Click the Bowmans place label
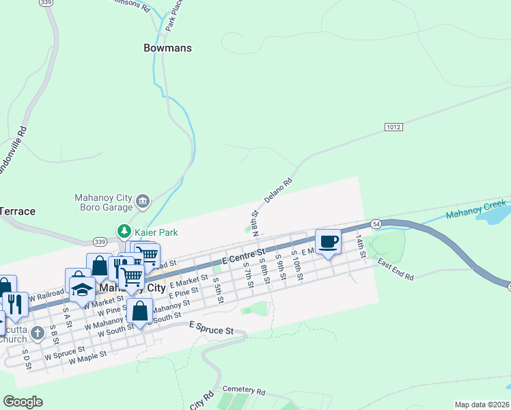tap(167, 49)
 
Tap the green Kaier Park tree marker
tap(124, 232)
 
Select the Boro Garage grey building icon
tap(143, 200)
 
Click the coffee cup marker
tap(328, 241)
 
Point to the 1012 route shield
tap(393, 127)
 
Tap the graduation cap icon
tap(82, 290)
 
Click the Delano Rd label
tap(279, 193)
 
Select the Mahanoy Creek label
tap(476, 210)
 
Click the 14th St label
tap(361, 246)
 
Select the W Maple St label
tap(85, 357)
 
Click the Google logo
tap(23, 402)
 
